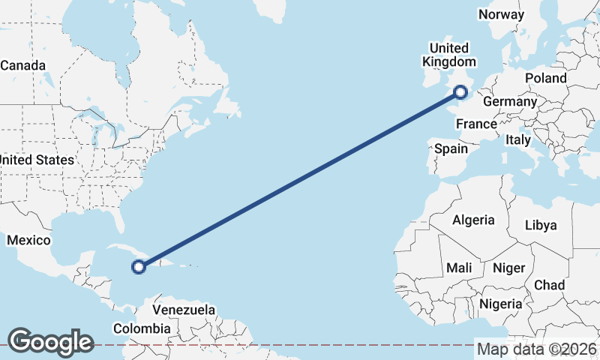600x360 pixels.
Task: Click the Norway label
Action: click(x=501, y=15)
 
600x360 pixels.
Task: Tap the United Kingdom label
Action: click(x=449, y=55)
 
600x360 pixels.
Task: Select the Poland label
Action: click(x=546, y=78)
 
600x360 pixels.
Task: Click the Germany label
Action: click(x=510, y=101)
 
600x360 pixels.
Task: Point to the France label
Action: click(x=476, y=124)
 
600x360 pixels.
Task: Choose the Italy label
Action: click(x=518, y=139)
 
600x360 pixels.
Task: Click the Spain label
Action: click(x=451, y=148)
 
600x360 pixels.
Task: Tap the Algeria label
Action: click(x=473, y=220)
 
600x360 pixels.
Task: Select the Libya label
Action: click(x=541, y=225)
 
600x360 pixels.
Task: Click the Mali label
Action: click(x=459, y=268)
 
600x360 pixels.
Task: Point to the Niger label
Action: click(x=508, y=268)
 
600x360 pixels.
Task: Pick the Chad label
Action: click(x=549, y=285)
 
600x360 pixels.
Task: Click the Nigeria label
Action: click(x=500, y=304)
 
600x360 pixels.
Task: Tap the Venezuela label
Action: click(x=184, y=310)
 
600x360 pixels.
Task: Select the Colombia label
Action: click(x=142, y=328)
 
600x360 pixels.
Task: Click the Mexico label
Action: click(x=28, y=240)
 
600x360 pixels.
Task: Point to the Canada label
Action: click(x=22, y=65)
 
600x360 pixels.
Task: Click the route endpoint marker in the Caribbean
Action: click(x=139, y=265)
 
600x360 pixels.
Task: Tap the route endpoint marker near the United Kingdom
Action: click(x=460, y=92)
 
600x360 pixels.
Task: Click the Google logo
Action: click(x=50, y=341)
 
